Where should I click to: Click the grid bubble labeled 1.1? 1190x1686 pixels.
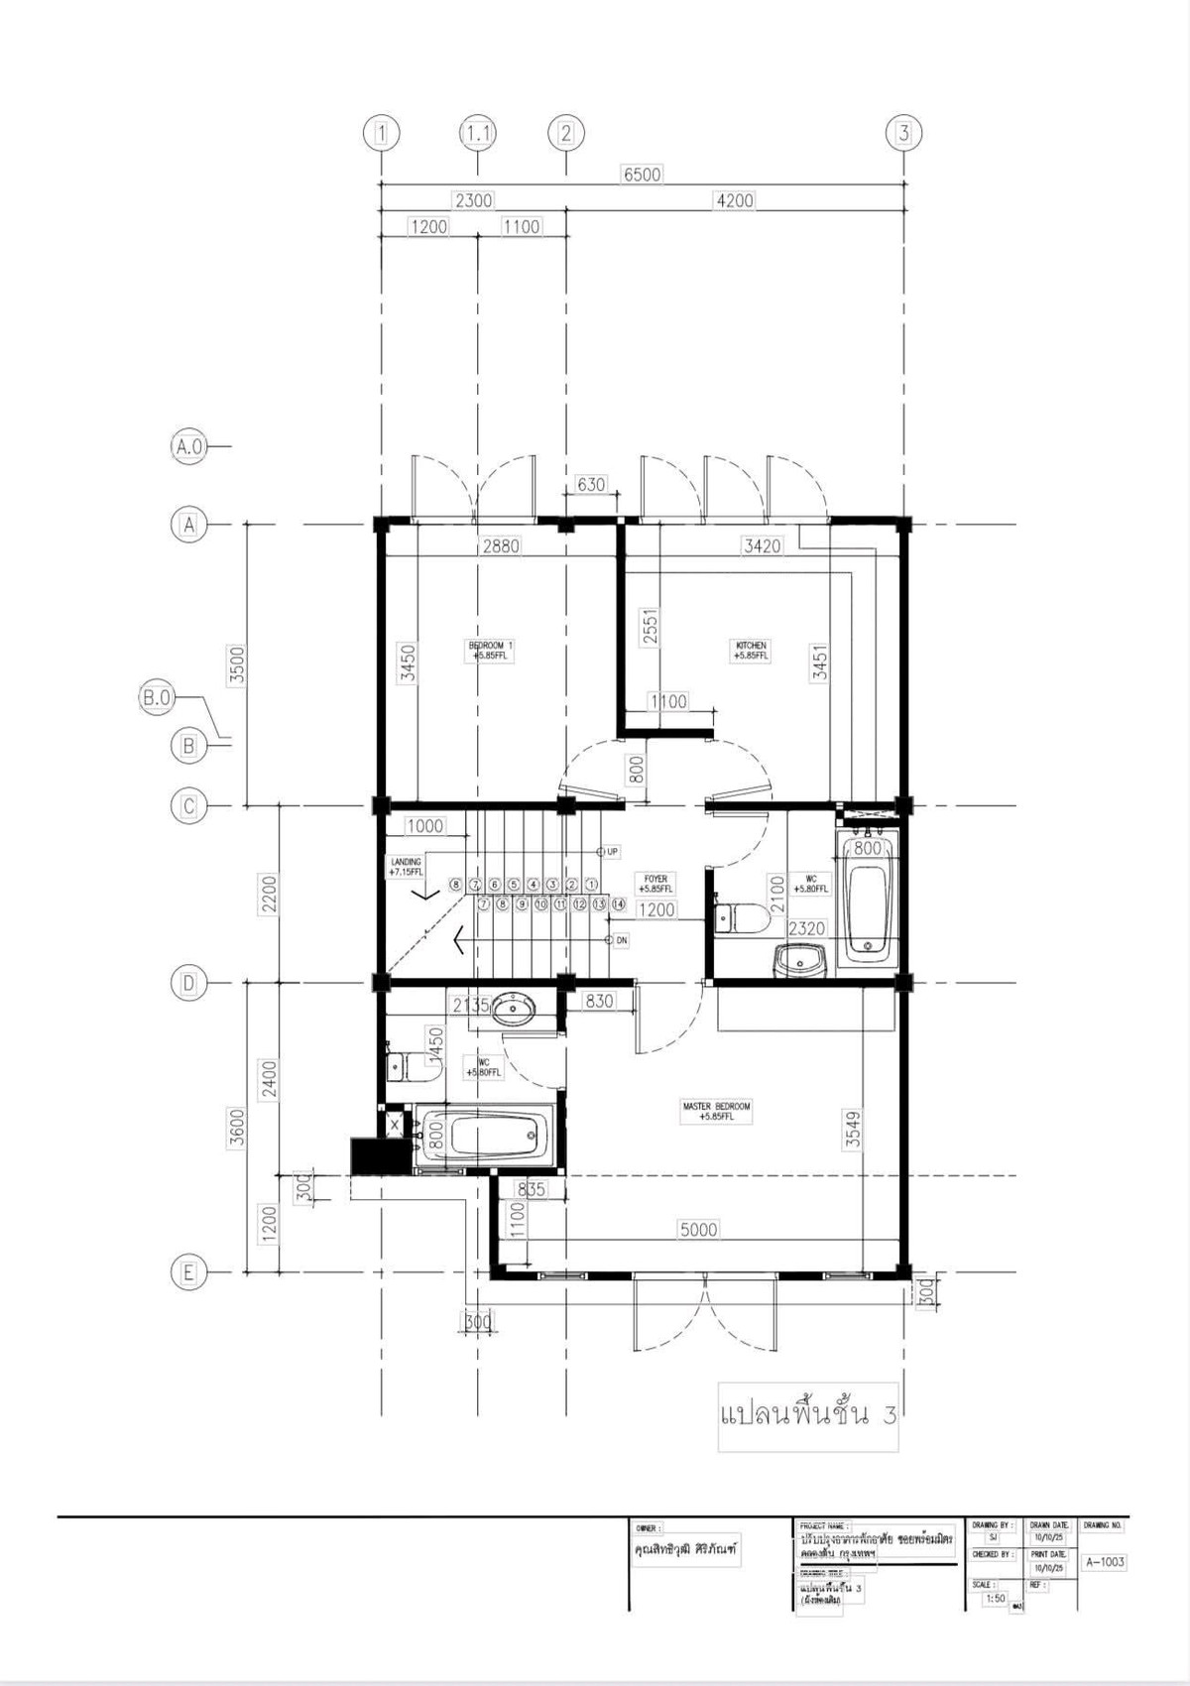[x=477, y=133]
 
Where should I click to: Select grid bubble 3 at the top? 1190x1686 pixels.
[x=903, y=133]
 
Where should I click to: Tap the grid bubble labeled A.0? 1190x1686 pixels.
[x=188, y=446]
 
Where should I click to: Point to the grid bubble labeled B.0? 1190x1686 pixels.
[x=157, y=698]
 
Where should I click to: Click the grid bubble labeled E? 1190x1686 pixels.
[x=188, y=1271]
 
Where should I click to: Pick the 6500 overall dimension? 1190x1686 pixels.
[x=642, y=175]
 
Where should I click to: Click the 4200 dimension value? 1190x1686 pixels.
[x=734, y=200]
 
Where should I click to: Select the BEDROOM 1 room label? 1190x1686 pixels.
[x=491, y=651]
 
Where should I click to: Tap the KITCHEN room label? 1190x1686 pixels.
[x=751, y=651]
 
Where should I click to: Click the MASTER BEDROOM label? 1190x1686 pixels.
[x=716, y=1111]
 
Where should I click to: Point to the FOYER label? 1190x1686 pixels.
[x=655, y=884]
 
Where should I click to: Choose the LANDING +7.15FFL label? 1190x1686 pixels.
[x=406, y=867]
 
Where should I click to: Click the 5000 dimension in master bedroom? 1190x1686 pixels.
[x=698, y=1230]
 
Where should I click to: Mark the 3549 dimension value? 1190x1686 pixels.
[x=852, y=1130]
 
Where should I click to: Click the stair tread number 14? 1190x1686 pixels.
[x=619, y=904]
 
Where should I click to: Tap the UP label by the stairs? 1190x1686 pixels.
[x=612, y=852]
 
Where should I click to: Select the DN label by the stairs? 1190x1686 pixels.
[x=621, y=940]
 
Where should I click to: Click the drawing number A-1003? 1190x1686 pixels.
[x=1104, y=1562]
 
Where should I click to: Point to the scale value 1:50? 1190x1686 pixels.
[x=995, y=1599]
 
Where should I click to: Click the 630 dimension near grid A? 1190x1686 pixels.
[x=590, y=485]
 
